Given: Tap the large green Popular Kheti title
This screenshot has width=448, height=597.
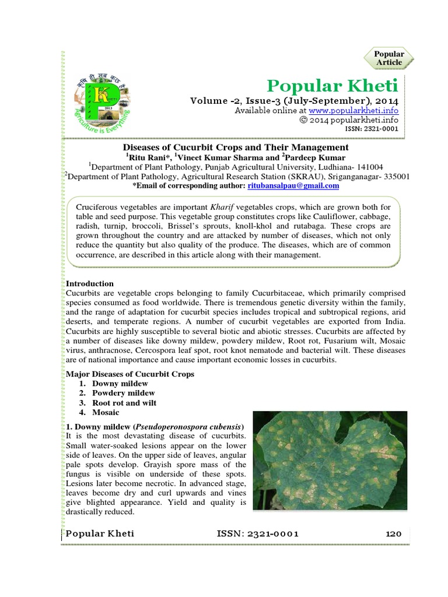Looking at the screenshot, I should pyautogui.click(x=332, y=86).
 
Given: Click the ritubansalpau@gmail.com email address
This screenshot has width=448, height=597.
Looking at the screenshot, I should pyautogui.click(x=293, y=185).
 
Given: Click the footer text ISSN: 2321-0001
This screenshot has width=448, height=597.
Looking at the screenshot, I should pyautogui.click(x=257, y=533).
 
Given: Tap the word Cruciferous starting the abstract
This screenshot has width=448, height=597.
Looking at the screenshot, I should pyautogui.click(x=102, y=207).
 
